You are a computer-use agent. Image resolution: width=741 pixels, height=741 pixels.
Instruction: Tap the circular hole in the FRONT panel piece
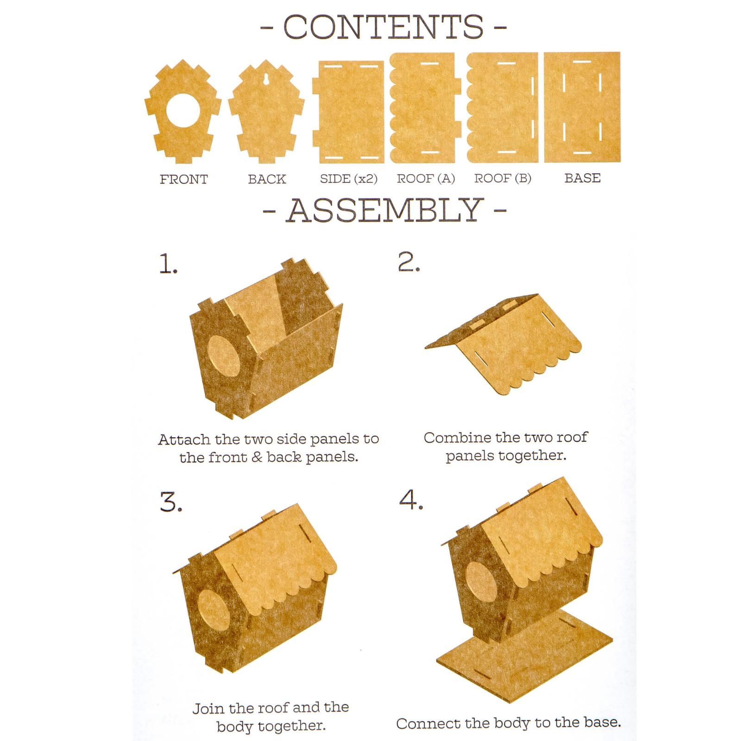tap(183, 111)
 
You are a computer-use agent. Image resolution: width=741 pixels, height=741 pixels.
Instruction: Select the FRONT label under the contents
tap(184, 179)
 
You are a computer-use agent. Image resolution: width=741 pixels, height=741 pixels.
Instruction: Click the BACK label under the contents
tap(267, 179)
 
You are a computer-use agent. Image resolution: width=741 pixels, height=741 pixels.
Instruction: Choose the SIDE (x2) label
tap(349, 179)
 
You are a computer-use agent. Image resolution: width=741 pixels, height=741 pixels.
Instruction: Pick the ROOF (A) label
tap(426, 178)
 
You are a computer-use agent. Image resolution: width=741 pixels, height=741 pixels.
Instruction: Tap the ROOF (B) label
tap(502, 178)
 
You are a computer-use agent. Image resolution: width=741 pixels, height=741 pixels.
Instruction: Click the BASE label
tap(583, 178)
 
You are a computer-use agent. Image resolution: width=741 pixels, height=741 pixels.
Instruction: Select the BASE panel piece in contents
tap(582, 107)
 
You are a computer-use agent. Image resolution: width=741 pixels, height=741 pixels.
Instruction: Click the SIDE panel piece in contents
tap(348, 112)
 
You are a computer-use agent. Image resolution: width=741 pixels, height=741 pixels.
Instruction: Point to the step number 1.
tap(168, 264)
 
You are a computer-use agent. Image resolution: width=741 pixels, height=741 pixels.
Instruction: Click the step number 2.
tap(408, 262)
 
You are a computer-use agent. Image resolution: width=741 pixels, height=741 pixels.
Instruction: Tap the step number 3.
tap(171, 502)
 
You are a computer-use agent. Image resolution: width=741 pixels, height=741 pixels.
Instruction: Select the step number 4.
tap(411, 500)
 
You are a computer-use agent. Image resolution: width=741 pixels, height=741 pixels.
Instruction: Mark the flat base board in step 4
tap(525, 648)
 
